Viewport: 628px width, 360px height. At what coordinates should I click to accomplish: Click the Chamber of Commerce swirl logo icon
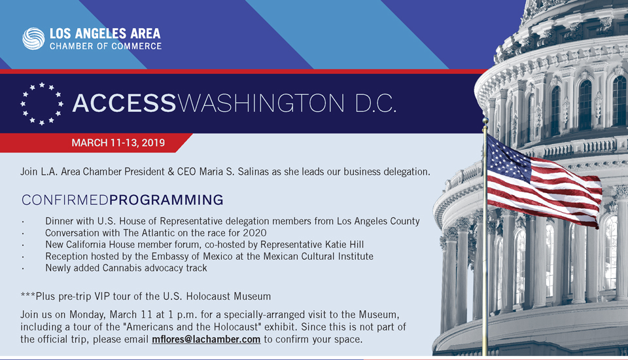point(34,38)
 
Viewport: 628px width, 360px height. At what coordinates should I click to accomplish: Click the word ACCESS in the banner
point(124,103)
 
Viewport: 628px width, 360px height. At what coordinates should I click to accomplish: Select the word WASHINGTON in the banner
point(260,103)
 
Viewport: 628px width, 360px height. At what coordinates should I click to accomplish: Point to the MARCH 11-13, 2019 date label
point(118,143)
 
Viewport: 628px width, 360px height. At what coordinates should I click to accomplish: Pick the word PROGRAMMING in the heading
point(166,200)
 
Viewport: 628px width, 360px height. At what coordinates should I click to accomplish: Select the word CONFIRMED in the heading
point(65,200)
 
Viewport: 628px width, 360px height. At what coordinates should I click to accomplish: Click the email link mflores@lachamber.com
point(206,340)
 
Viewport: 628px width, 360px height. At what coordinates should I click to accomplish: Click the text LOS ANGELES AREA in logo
point(105,33)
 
